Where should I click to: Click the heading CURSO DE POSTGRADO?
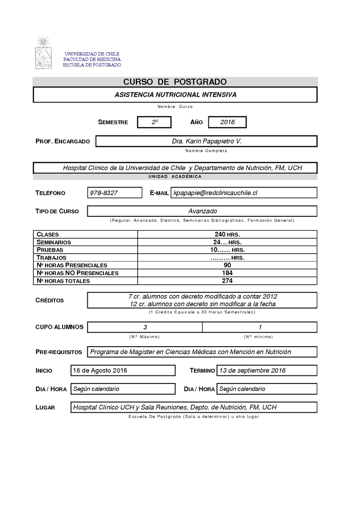175,81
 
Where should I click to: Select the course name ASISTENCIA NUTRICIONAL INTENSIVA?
175,94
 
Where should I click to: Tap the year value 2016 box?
227,122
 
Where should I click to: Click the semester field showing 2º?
154,122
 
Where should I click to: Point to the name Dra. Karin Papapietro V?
207,141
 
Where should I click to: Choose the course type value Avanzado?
202,211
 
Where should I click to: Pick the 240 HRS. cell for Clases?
227,234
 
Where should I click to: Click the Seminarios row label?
54,242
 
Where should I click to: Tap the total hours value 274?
227,281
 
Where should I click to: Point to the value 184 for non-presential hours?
227,273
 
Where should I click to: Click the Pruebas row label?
50,250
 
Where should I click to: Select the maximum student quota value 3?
145,327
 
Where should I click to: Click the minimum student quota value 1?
260,327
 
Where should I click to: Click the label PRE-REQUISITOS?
58,352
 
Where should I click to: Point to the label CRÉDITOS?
49,300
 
